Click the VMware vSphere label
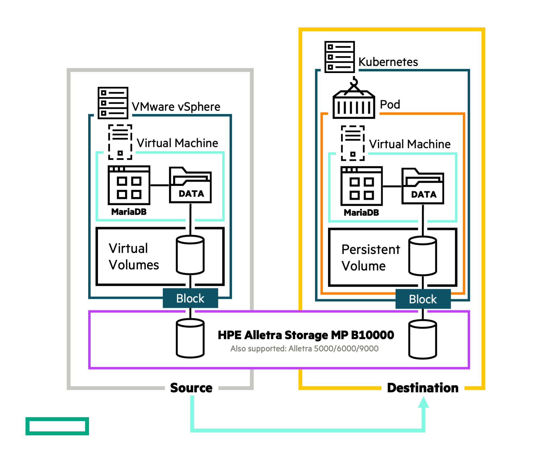pos(176,107)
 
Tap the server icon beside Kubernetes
pos(340,57)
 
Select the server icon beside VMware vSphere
pos(113,103)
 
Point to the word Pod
pos(390,105)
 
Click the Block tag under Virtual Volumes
pos(190,298)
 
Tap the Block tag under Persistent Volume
pos(423,299)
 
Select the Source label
pos(191,388)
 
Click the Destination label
pos(423,388)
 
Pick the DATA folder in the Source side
pos(190,185)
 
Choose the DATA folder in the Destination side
pos(423,186)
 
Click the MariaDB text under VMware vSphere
pos(129,212)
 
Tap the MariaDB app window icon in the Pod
pos(362,186)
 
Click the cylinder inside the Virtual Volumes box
pos(190,255)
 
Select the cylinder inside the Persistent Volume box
pos(423,256)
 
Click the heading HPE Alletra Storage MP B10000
pos(306,335)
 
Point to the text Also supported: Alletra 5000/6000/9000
pos(304,349)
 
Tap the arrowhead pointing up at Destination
pos(423,402)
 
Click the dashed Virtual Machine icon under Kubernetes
pos(353,143)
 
